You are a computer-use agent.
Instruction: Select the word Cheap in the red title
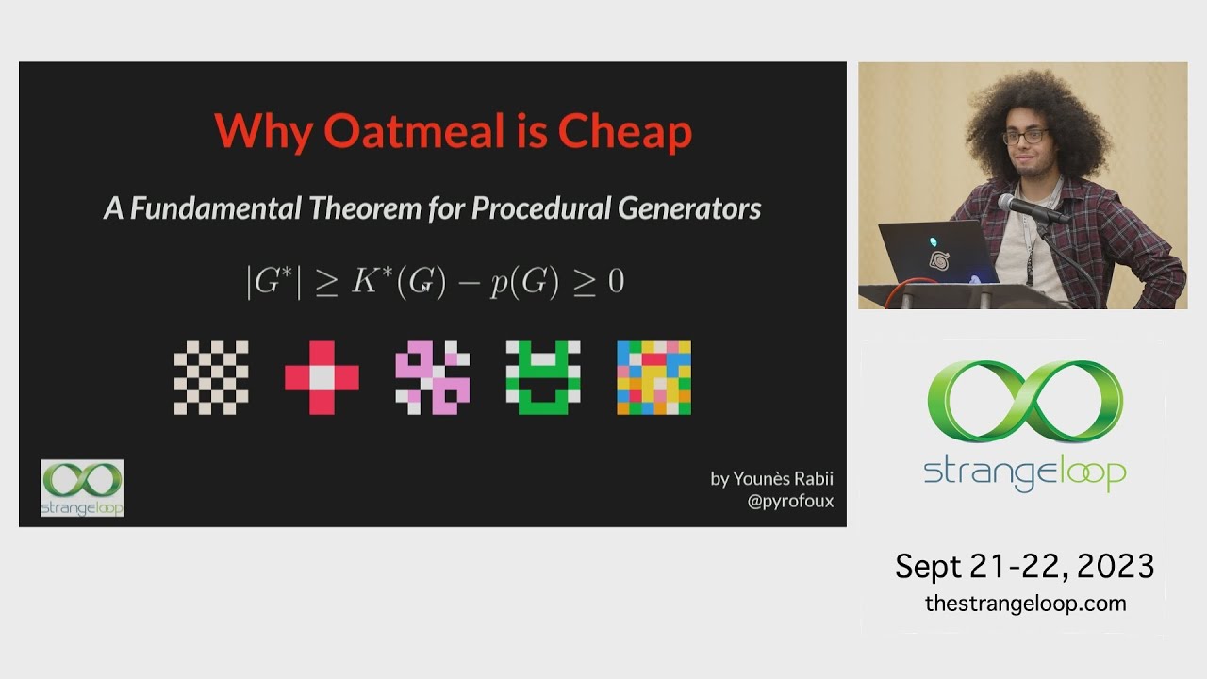tap(624, 131)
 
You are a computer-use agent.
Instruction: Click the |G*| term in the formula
tap(273, 282)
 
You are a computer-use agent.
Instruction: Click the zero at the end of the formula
tap(616, 282)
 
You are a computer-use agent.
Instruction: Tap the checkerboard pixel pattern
tap(211, 377)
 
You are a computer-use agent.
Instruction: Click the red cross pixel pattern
tap(322, 377)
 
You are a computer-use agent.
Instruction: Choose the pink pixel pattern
tap(432, 377)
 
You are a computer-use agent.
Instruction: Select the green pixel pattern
tap(543, 377)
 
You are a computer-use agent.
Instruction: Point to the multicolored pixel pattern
tap(653, 377)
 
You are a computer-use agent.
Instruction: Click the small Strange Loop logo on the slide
tap(82, 488)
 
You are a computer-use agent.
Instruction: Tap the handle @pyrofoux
tap(790, 501)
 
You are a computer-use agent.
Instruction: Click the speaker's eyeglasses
tap(1025, 137)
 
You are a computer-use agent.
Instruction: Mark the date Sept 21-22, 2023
tap(1024, 566)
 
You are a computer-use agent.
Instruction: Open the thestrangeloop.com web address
tap(1025, 604)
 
